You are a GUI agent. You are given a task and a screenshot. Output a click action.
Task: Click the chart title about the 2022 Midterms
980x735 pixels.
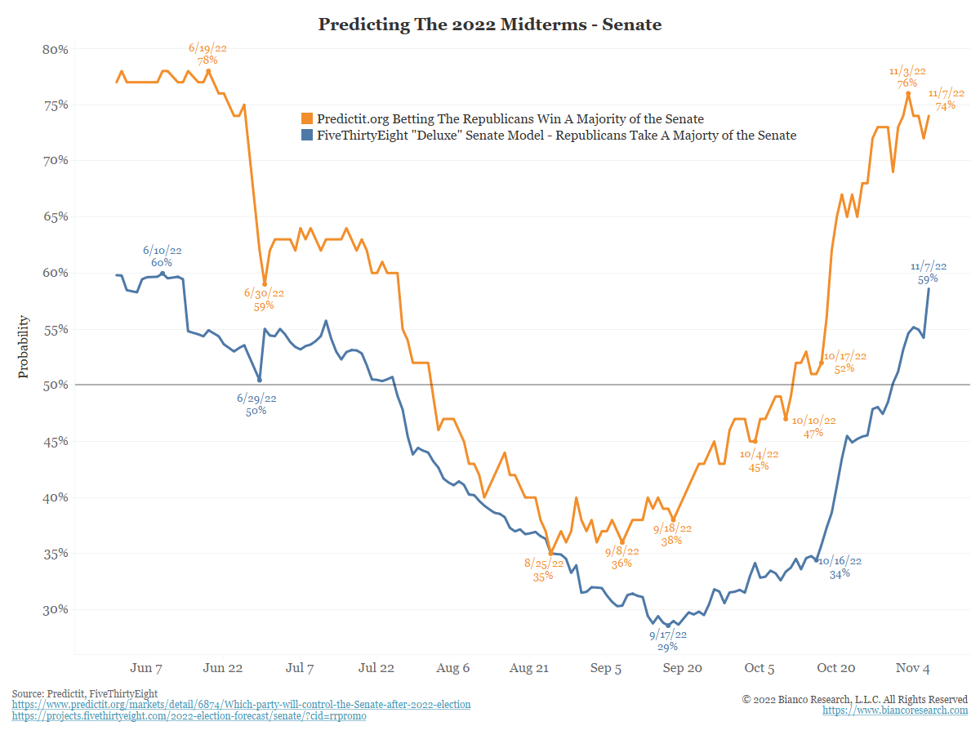tap(490, 24)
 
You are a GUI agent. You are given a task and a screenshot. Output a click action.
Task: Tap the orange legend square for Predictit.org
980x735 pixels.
tap(307, 119)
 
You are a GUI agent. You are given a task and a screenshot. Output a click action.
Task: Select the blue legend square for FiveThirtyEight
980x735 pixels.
tap(307, 136)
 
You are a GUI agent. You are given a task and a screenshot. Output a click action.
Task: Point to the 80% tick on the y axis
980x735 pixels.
tap(55, 49)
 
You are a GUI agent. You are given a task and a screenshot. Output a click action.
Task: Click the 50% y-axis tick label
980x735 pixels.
tap(55, 385)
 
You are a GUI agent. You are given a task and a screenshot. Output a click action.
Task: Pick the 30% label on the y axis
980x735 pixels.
tap(55, 609)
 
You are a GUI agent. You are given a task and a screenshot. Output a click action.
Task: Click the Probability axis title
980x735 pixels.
tap(24, 347)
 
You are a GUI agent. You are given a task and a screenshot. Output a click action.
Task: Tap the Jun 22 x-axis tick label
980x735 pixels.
tap(223, 668)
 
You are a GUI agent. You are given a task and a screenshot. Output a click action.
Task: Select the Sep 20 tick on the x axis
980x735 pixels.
tap(682, 668)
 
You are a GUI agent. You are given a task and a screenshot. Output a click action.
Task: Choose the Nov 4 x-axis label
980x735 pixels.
tap(913, 668)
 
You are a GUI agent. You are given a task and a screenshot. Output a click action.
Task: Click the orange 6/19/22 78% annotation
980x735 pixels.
tap(207, 55)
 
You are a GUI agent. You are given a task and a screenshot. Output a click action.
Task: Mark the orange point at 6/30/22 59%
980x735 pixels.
tap(265, 284)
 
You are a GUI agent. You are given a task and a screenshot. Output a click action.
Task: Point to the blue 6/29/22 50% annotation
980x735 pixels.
tap(256, 404)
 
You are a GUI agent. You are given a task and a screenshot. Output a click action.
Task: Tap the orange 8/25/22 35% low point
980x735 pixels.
tap(550, 554)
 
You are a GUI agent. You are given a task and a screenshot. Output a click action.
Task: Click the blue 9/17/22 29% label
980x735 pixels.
tap(668, 640)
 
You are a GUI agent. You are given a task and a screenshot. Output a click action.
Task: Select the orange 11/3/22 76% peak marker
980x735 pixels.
tap(908, 93)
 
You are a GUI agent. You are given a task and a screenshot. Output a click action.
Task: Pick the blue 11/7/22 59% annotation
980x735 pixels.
tap(929, 273)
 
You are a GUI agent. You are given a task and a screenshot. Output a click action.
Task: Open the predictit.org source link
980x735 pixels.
tap(241, 705)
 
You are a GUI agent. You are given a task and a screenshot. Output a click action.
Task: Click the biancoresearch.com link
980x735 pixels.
tap(895, 711)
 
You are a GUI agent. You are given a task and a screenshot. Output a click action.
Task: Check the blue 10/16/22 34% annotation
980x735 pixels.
tap(840, 567)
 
